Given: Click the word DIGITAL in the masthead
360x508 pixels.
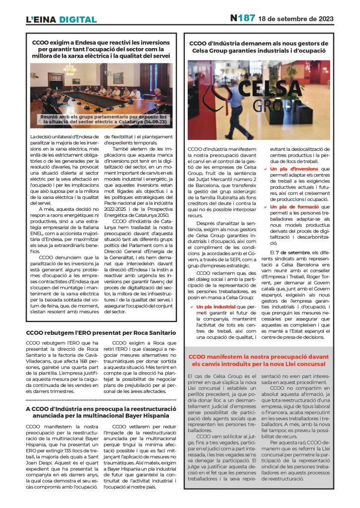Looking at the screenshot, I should (77, 20).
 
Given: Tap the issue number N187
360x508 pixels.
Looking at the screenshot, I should (242, 18).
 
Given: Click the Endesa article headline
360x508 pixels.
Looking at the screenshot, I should (101, 50).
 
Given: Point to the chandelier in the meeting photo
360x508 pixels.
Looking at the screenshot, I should (70, 69).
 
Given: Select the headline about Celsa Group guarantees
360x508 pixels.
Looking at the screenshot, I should (259, 47).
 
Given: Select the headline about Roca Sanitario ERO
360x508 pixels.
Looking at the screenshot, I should (101, 333).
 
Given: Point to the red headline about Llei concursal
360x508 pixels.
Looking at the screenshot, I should (259, 360).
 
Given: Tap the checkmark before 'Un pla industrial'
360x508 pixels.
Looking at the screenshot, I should (191, 307).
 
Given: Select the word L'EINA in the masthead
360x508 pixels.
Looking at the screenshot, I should (41, 20).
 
